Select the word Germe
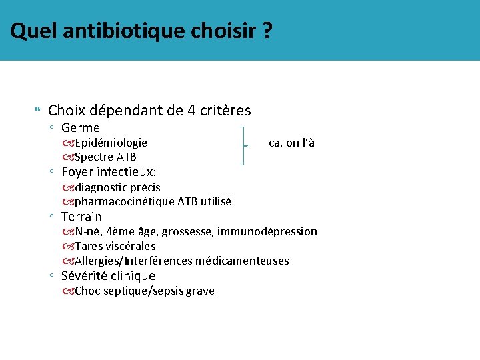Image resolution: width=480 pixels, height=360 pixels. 81,127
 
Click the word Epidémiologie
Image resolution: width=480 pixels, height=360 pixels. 111,143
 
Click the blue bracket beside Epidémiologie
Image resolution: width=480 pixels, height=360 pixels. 245,144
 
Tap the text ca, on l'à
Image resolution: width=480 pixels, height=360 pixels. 291,143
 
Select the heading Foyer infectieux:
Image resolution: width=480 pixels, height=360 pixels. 109,172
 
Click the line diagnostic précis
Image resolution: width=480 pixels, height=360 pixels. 117,187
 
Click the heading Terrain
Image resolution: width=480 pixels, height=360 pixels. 81,217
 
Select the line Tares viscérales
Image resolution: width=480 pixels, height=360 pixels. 115,246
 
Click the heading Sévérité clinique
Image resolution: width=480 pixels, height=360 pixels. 108,275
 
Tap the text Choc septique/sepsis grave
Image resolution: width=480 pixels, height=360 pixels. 144,291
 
